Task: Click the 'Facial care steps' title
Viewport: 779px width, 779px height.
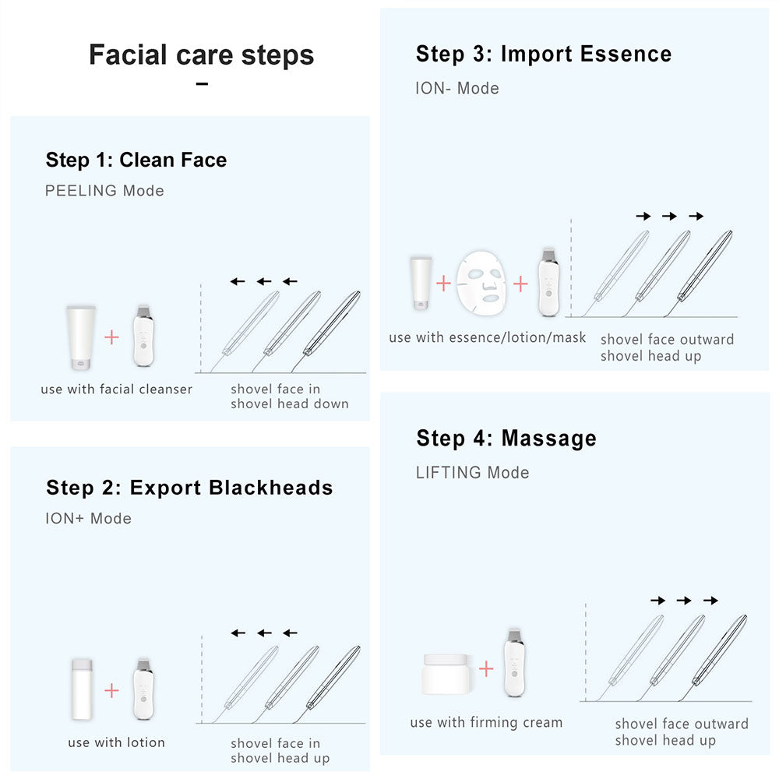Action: click(201, 55)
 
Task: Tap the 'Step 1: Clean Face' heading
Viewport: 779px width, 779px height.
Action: click(136, 160)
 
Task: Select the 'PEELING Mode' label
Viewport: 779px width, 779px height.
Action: click(104, 191)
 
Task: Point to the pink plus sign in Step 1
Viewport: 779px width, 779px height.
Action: click(112, 337)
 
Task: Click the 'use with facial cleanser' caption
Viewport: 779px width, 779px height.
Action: click(116, 389)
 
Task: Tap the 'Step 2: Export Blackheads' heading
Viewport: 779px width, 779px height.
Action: click(189, 488)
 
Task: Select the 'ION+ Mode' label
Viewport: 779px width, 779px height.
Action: click(88, 519)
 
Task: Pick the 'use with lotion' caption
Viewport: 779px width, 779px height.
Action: click(116, 742)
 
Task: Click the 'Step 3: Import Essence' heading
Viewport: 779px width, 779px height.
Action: click(543, 55)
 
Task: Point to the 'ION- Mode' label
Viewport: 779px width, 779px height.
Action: click(457, 89)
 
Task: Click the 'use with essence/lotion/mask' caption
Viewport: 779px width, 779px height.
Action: click(488, 337)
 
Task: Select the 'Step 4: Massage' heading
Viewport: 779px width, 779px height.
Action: click(506, 439)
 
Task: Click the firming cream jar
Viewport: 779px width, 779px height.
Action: click(446, 674)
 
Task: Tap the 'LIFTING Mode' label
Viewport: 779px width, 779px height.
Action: click(472, 473)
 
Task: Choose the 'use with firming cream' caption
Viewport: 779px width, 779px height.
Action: click(486, 723)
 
